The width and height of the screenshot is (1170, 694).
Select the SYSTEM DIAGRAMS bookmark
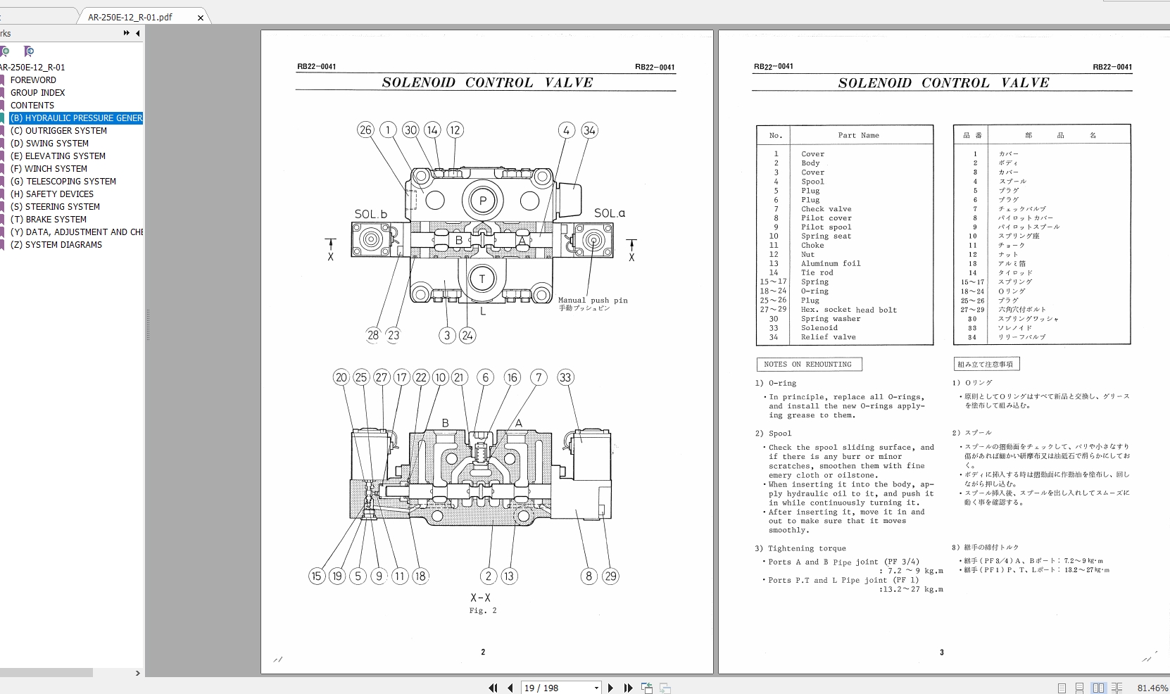63,245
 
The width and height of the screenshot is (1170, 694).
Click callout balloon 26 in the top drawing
365,130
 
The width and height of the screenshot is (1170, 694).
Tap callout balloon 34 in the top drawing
589,130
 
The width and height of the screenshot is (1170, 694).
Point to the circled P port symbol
483,201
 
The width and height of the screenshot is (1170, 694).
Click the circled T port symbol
482,279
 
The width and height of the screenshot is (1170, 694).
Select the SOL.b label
370,214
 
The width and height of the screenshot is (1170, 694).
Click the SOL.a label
609,213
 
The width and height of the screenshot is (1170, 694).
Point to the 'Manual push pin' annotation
593,301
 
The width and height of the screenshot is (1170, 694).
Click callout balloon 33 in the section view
565,377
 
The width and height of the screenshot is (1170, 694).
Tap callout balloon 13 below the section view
509,576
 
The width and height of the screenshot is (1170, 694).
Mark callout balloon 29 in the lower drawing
610,576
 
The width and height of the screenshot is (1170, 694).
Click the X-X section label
481,598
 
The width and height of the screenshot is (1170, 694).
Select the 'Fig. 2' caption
483,611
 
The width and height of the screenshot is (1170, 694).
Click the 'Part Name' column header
858,135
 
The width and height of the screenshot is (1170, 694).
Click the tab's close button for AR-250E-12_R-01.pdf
201,18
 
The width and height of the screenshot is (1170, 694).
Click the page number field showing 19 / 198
556,688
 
